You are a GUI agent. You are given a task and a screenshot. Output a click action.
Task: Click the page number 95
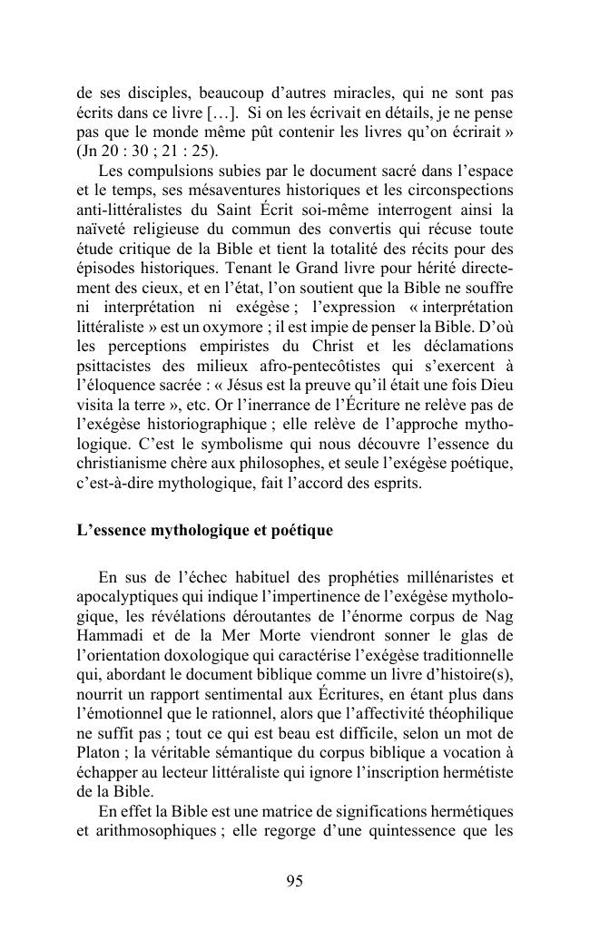pos(294,882)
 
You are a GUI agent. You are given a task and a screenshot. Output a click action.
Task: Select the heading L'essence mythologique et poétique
pos(205,530)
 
